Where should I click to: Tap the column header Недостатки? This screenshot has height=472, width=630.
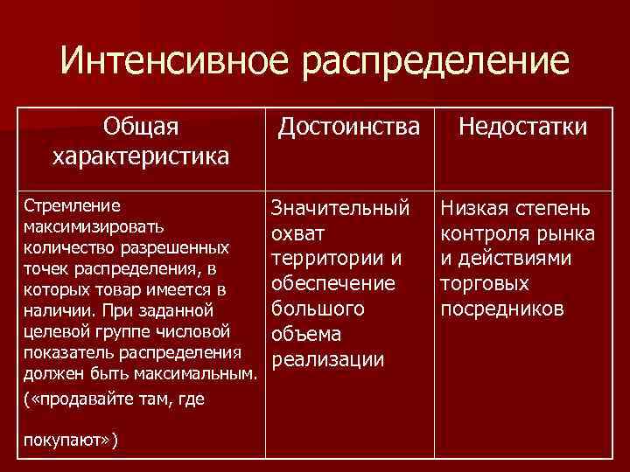524,128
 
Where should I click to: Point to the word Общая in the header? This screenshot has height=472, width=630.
141,128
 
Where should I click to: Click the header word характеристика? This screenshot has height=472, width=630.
141,156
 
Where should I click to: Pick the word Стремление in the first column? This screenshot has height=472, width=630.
60,207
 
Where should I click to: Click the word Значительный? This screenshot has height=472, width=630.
340,209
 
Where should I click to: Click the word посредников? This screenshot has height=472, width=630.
503,310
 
